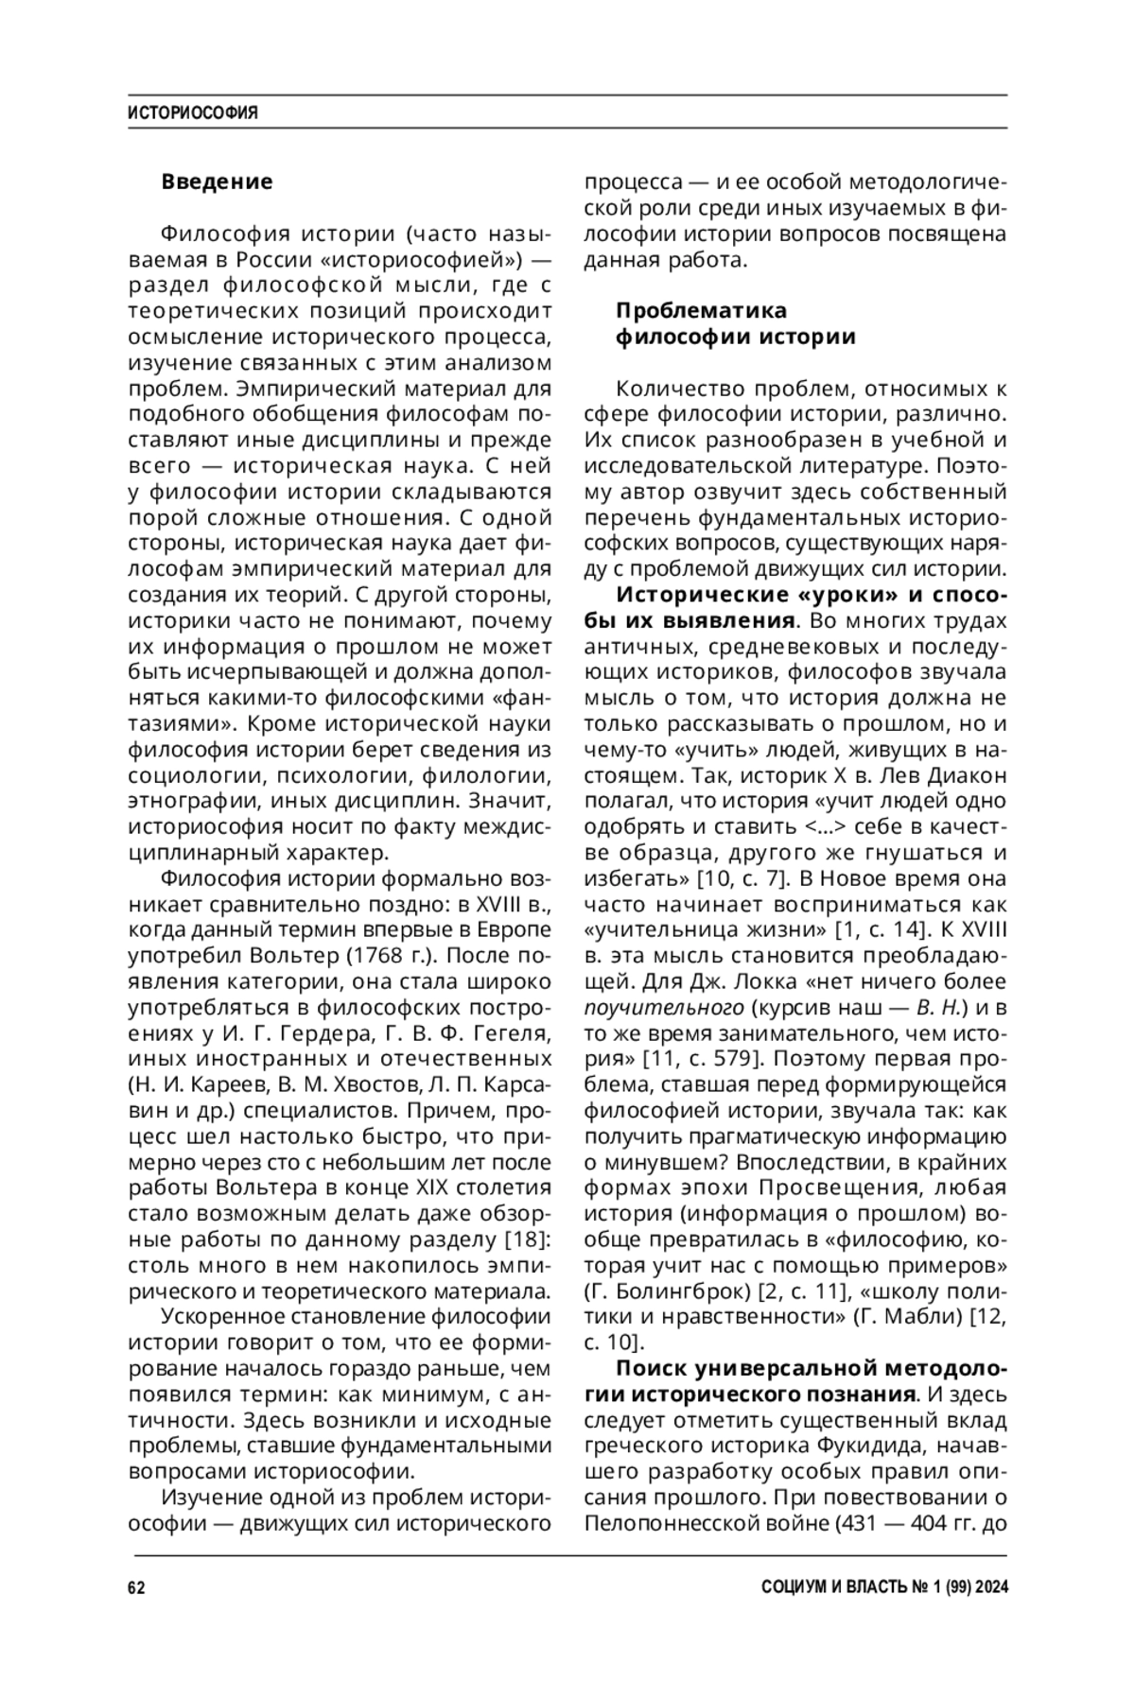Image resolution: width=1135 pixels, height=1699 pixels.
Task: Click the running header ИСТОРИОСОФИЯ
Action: pos(193,113)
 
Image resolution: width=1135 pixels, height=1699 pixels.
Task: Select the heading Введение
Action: pos(217,182)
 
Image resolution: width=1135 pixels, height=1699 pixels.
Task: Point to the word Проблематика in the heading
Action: pos(701,311)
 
